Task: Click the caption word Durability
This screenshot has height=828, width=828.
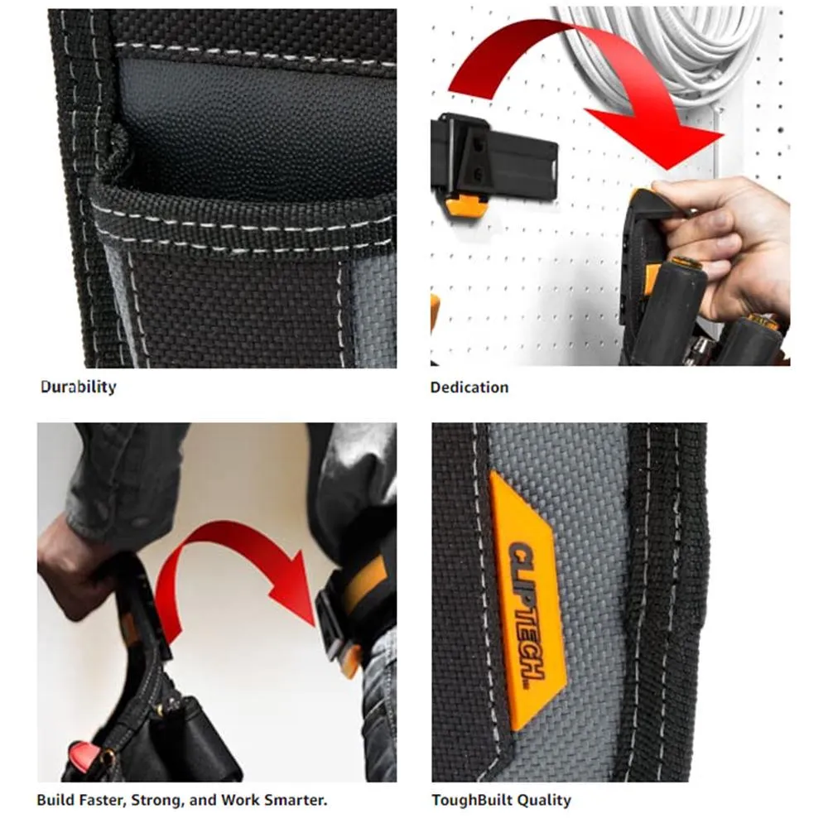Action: coord(78,387)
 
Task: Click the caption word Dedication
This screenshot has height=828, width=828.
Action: coord(469,387)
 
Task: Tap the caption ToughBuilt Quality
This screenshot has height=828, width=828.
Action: coord(501,800)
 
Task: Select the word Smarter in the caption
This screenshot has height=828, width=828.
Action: coord(294,800)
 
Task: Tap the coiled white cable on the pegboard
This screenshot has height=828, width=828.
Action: coord(671,50)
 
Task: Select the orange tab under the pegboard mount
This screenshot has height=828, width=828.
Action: coord(464,204)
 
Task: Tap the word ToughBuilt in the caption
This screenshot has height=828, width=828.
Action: coord(472,800)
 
